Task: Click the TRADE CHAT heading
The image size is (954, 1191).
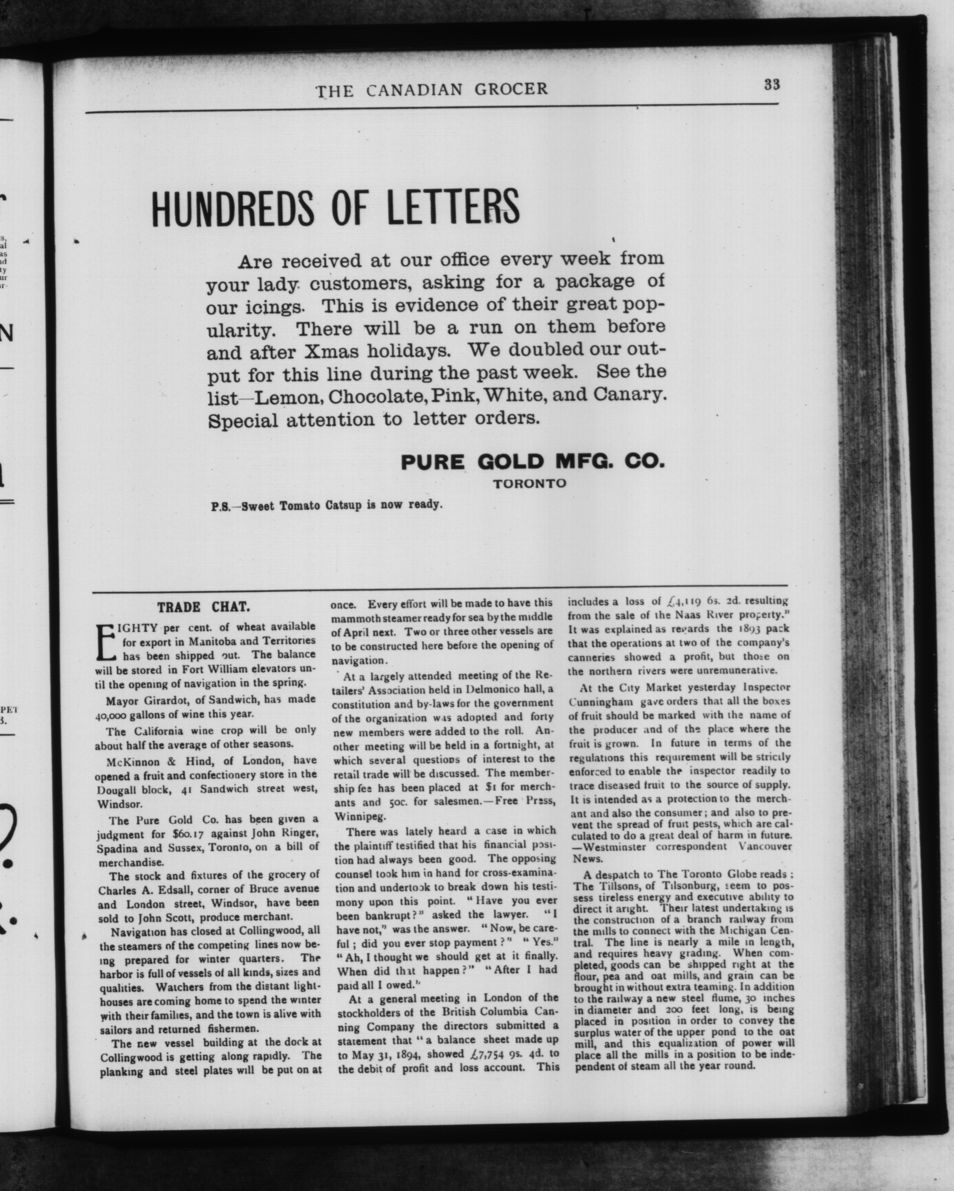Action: [x=203, y=607]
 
